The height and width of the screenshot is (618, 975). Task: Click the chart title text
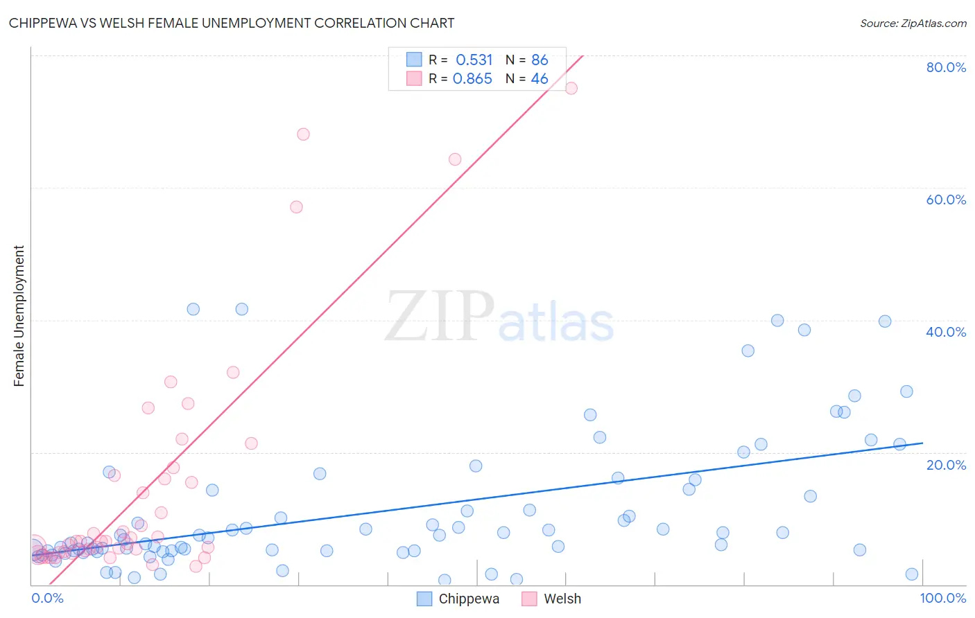[232, 23]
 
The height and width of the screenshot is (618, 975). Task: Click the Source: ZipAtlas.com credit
[913, 23]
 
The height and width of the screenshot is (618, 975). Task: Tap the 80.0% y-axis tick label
[946, 67]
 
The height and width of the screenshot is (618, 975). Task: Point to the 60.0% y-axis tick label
[946, 200]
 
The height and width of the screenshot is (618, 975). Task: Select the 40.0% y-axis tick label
[946, 332]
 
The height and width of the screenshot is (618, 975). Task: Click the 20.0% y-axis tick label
[946, 465]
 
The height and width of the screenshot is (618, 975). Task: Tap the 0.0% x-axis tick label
[47, 598]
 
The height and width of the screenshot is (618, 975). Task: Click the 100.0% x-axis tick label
[942, 598]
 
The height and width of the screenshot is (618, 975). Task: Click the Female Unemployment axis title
[19, 316]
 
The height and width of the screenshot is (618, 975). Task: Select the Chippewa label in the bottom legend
[469, 599]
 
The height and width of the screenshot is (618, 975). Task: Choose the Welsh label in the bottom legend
[562, 599]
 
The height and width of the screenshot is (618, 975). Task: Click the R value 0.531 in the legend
[474, 60]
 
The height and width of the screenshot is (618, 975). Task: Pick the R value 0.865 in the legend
[472, 79]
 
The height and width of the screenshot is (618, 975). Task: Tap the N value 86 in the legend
[540, 60]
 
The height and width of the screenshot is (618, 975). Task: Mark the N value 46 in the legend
[540, 79]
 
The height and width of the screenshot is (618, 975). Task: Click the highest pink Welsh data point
[571, 88]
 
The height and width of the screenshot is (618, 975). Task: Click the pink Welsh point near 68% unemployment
[303, 134]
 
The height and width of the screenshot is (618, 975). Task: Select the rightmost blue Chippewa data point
[912, 574]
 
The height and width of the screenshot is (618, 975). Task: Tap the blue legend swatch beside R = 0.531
[414, 60]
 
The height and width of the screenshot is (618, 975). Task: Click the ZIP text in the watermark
[440, 317]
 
